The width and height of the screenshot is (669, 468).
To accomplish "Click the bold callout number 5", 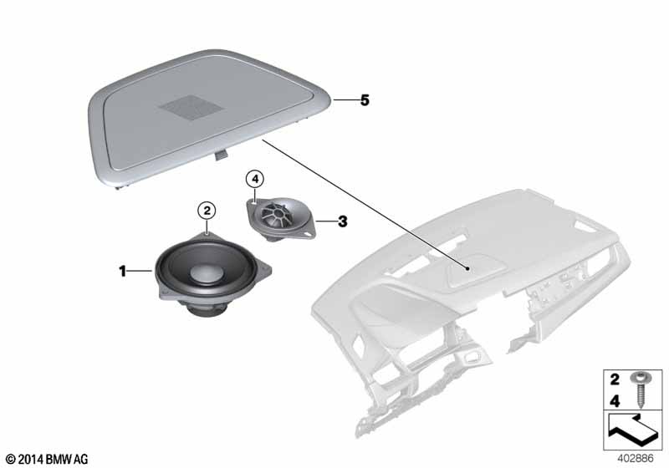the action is pos(365,100).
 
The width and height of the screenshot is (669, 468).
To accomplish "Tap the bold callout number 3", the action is pos(343,221).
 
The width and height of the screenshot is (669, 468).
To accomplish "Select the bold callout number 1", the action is pos(122,271).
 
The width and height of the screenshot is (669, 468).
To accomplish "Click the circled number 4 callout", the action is pos(255,180).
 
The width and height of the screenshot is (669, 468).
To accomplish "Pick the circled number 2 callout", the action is pos(207,210).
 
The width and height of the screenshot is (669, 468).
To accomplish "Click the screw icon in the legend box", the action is pos(640,389).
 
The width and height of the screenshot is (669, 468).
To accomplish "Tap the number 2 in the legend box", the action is pos(615,379).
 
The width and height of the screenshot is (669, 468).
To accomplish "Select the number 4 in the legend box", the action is pos(615,401).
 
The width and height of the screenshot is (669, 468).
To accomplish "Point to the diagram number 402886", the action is pos(636,458).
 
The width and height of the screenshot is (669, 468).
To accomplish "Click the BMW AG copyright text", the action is pos(48,460).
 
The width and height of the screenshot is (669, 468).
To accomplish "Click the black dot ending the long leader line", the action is pos(468,269).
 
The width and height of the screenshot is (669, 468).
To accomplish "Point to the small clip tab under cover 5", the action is pos(221,155).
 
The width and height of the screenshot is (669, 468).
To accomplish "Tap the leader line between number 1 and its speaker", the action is pos(140,271).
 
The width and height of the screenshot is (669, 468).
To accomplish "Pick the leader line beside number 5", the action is pos(345,100).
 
